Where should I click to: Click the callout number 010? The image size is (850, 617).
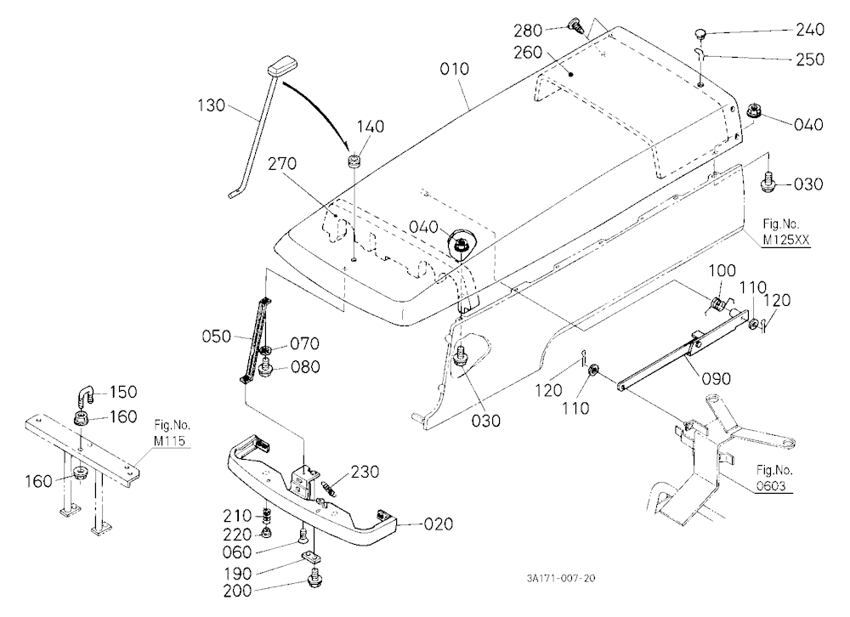(x=454, y=69)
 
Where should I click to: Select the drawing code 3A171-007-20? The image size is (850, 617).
(x=560, y=579)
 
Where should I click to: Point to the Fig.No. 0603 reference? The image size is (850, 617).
(x=773, y=478)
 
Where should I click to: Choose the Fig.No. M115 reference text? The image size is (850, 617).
(x=172, y=433)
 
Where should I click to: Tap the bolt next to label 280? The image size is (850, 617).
(x=574, y=25)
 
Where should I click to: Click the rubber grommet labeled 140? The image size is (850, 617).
(x=354, y=161)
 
